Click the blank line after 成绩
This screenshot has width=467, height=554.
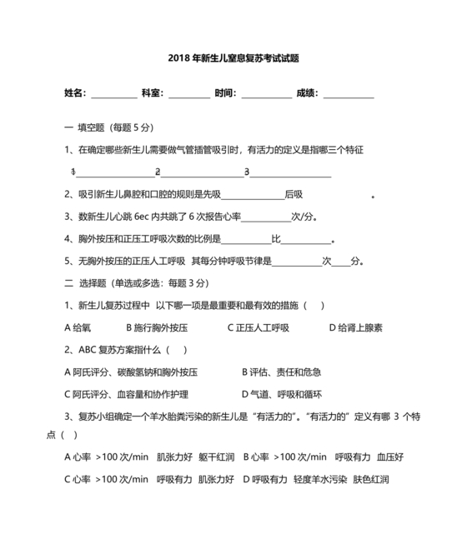[348, 93]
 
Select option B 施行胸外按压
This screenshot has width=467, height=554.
[157, 327]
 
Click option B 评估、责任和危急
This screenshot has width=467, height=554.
[281, 372]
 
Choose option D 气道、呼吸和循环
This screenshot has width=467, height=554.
[281, 394]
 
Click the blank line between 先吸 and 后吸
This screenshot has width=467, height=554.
[253, 196]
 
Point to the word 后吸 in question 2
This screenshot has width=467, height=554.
[294, 195]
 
